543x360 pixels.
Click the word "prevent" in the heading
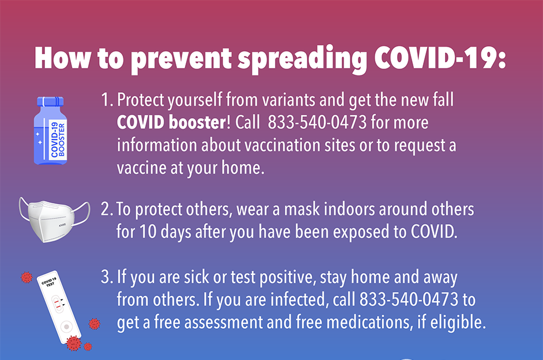(182, 59)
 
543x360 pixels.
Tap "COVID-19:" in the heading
(440, 57)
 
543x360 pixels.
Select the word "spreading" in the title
(302, 59)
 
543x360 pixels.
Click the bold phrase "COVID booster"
(172, 122)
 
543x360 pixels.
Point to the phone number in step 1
(317, 122)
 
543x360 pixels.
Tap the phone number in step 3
(409, 300)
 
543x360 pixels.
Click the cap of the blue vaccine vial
(51, 101)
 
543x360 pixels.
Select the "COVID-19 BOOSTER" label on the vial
(58, 139)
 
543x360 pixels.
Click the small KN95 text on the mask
(62, 225)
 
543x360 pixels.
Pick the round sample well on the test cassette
(66, 327)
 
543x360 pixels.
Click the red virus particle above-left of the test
(27, 277)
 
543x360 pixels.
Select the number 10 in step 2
(148, 232)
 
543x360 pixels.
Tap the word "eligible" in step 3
(458, 323)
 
